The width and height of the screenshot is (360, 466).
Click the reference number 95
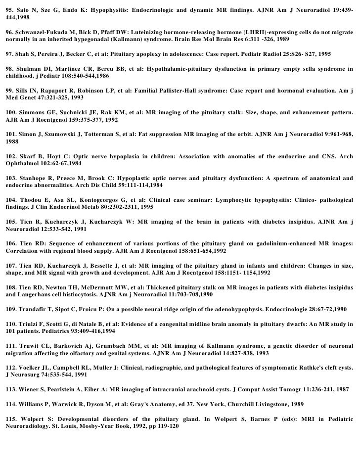9,9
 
